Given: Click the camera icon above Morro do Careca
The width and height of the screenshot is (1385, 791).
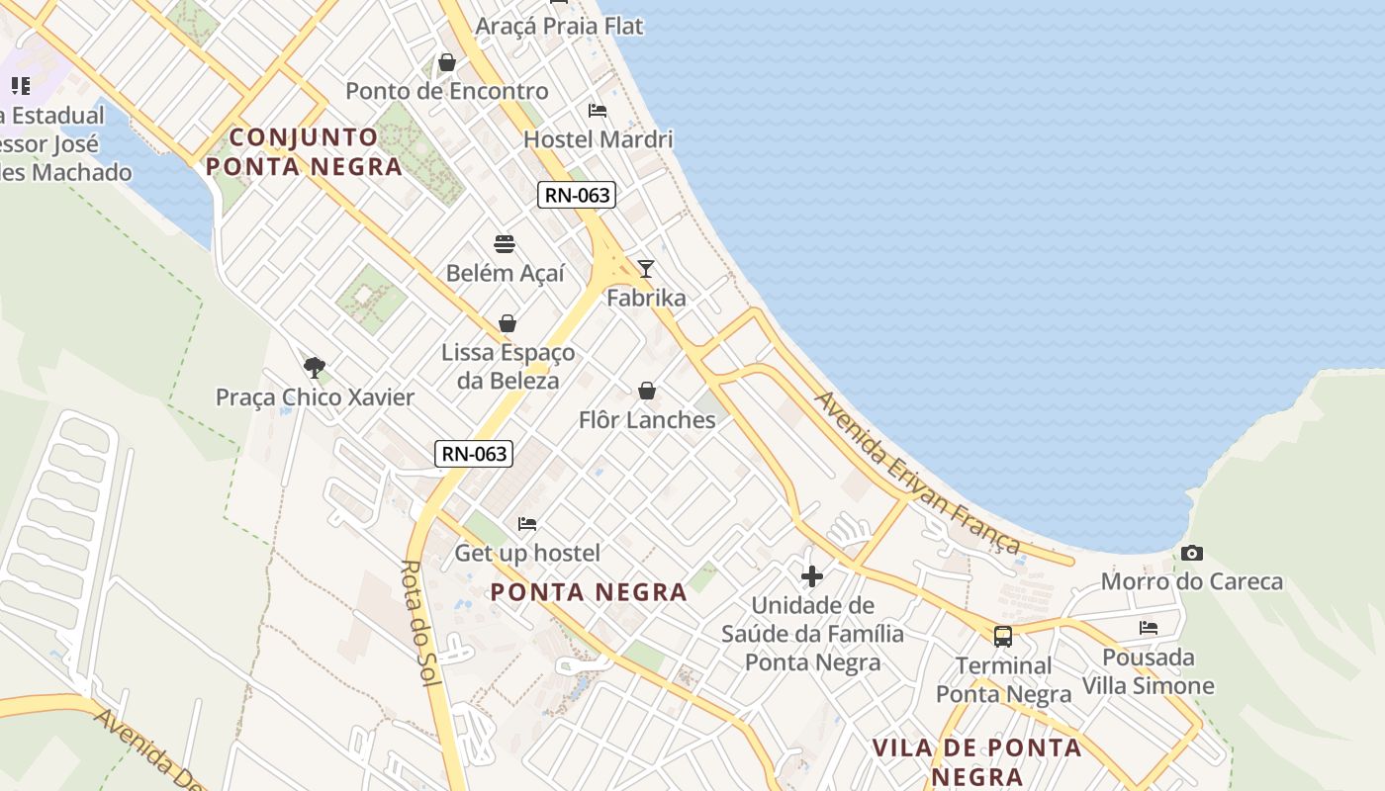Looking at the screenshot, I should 1192,553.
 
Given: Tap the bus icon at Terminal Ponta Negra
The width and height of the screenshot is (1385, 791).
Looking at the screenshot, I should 1003,636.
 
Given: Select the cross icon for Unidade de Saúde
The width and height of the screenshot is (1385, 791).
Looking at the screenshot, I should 812,575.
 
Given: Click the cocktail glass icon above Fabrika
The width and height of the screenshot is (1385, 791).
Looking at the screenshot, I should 646,268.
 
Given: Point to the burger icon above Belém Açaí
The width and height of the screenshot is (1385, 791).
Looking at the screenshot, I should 505,244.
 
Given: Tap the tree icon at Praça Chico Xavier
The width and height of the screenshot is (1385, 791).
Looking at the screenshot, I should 315,368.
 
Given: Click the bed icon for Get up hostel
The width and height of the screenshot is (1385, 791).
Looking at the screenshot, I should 527,523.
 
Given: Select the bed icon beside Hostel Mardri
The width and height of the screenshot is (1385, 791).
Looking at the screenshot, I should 598,110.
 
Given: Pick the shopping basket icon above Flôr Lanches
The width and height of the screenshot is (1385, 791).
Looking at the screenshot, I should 647,391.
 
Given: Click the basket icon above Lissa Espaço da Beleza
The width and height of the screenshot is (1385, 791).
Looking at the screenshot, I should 508,323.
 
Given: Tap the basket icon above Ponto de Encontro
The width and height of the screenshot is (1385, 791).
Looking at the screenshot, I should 447,62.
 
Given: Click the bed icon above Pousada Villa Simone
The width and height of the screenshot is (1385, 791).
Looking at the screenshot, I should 1149,627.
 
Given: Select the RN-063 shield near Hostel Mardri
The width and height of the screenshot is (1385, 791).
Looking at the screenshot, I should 577,195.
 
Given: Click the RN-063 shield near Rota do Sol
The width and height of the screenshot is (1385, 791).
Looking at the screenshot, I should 474,454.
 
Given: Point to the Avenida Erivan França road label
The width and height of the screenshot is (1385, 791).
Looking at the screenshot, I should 916,472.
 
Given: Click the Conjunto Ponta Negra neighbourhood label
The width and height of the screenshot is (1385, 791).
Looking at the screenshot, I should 305,151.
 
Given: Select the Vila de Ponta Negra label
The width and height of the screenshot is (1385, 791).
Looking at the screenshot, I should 976,761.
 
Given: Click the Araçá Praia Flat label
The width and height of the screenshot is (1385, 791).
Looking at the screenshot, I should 559,26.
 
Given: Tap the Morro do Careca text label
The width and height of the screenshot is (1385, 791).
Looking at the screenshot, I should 1192,581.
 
